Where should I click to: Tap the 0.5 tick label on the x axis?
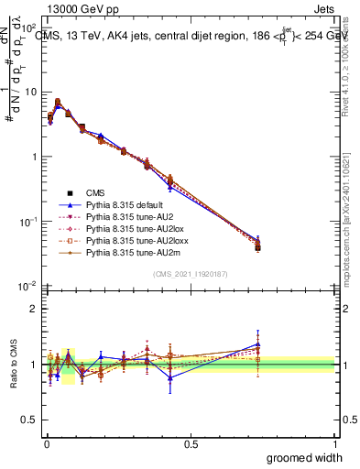tap(191, 442)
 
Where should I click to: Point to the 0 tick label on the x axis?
tap(47, 442)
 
